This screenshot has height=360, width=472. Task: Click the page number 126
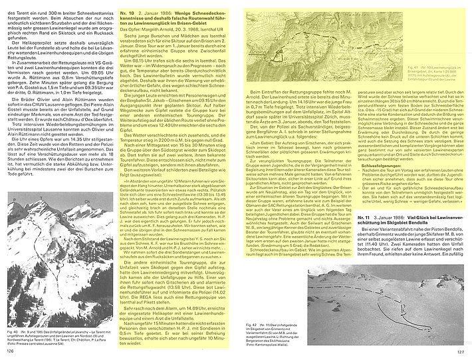11,352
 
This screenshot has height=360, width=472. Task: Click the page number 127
459,352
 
